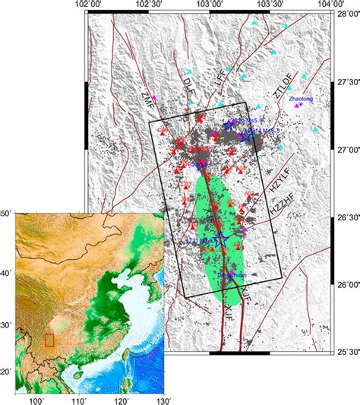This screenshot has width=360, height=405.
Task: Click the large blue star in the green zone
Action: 221,241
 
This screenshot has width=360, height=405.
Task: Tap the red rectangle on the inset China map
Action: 49,340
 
